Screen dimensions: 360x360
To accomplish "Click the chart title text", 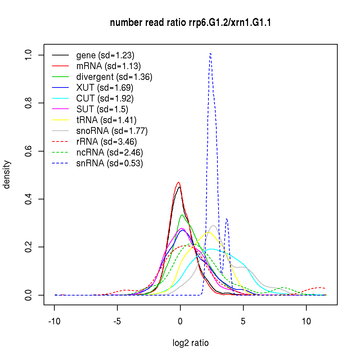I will point(190,23).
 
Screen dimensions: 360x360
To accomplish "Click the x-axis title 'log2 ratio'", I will point(190,343).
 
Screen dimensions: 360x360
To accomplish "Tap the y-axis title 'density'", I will point(7,175).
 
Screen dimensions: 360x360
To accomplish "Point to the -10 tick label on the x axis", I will point(54,321).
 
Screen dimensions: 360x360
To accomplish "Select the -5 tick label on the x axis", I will point(117,321).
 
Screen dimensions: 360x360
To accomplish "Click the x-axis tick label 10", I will point(306,321).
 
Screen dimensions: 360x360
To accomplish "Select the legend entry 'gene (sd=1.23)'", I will point(105,55).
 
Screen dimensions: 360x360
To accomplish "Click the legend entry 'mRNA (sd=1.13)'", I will point(108,66).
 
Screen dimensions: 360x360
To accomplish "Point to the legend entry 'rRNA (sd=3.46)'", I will point(107,142).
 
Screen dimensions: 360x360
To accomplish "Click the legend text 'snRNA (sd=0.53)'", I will point(109,163).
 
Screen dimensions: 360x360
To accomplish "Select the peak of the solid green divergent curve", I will point(182,215).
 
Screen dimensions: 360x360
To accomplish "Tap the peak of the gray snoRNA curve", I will point(213,225).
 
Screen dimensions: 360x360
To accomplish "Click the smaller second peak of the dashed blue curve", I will point(227,218).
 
